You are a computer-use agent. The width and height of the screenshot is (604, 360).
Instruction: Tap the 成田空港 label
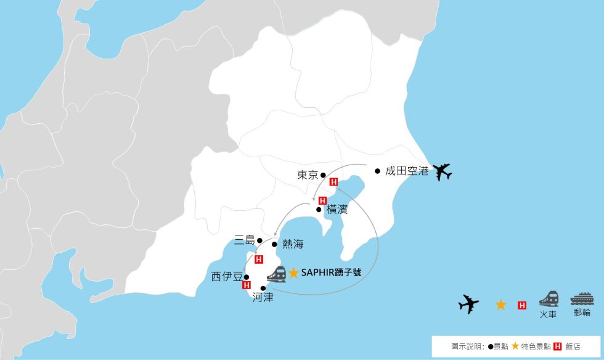[x=406, y=171]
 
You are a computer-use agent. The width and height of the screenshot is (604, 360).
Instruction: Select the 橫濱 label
[x=337, y=209]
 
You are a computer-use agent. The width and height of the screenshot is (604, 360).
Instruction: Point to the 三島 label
[x=244, y=240]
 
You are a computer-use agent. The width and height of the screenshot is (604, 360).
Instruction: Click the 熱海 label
[x=293, y=245]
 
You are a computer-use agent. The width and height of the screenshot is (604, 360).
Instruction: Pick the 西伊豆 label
[x=226, y=277]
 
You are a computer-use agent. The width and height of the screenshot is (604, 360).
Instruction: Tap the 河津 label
[x=263, y=297]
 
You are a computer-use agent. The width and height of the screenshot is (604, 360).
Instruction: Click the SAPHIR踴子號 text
[x=331, y=272]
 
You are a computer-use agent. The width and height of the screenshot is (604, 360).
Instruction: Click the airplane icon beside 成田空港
[x=442, y=172]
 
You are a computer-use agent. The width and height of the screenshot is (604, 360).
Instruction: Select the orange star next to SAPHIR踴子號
[x=294, y=272]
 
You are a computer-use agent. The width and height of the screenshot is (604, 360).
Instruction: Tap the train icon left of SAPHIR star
[x=275, y=274]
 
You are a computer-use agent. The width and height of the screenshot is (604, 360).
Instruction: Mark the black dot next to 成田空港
[x=377, y=171]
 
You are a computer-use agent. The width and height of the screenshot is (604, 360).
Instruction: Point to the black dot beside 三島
[x=259, y=240]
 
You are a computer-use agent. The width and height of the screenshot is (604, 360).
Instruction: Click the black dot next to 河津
[x=263, y=288]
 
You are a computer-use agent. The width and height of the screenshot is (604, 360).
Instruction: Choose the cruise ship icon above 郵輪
[x=581, y=299]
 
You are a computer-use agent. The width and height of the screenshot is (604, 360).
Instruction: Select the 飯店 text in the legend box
[x=573, y=346]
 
